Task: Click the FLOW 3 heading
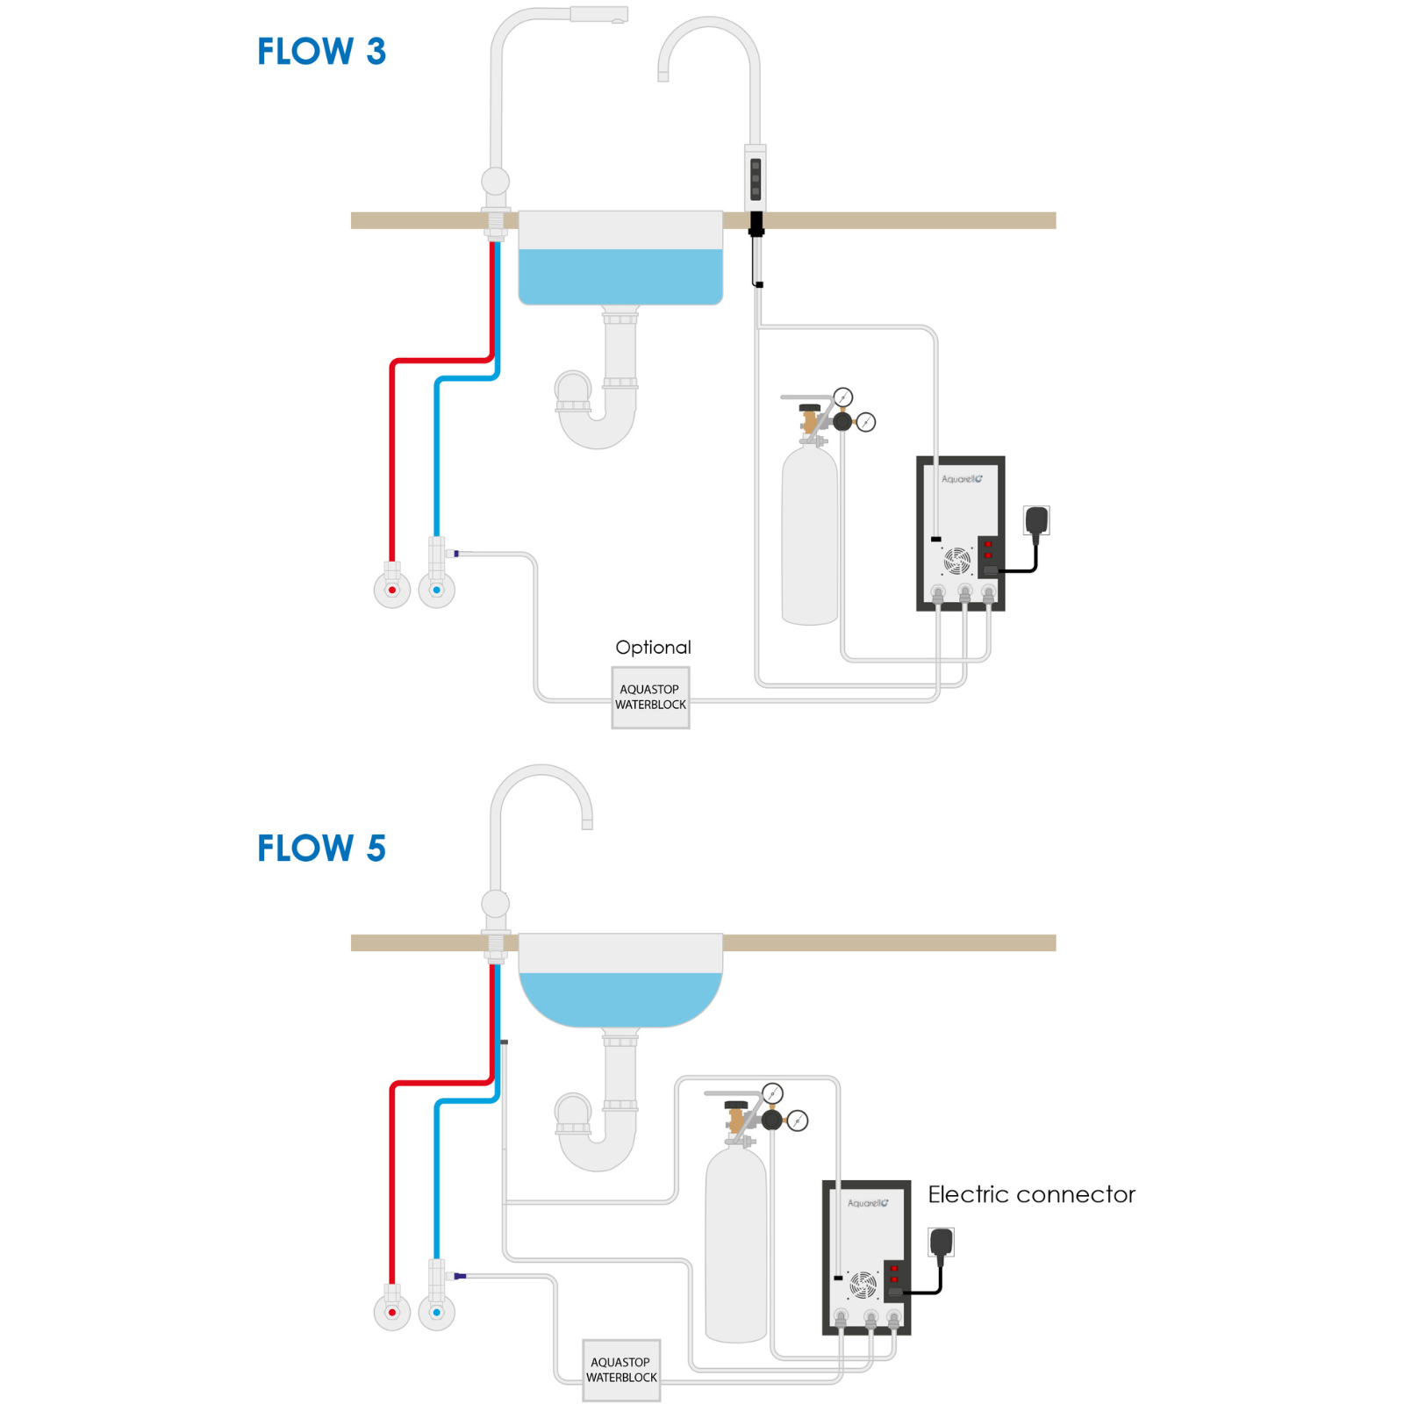click(x=321, y=52)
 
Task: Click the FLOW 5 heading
click(x=321, y=849)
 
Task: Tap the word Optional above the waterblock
click(x=653, y=648)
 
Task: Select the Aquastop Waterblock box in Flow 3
click(x=650, y=698)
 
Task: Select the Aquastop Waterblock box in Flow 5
click(x=621, y=1370)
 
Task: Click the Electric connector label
click(x=1031, y=1194)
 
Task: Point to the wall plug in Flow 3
click(x=1036, y=521)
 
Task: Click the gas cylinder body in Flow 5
click(x=735, y=1245)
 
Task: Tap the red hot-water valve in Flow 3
click(x=392, y=590)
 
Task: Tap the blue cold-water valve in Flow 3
click(x=436, y=590)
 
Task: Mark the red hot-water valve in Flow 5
click(x=392, y=1313)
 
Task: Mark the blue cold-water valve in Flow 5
click(x=436, y=1313)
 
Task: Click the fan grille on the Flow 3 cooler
click(x=957, y=560)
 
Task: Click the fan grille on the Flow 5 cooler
click(x=863, y=1285)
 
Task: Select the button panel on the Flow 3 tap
click(x=756, y=179)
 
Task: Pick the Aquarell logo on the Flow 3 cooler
click(x=962, y=479)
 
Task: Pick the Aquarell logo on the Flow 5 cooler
click(x=868, y=1203)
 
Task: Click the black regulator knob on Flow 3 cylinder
click(x=842, y=421)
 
